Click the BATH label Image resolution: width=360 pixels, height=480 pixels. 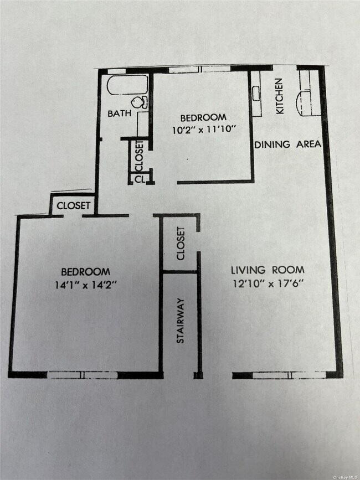pos(120,113)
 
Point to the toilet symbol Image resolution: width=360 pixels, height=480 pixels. pos(140,102)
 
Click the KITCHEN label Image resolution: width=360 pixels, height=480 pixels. pos(279,96)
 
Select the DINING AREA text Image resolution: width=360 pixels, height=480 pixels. pos(287,144)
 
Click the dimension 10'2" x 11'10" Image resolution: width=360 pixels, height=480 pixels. pos(203,129)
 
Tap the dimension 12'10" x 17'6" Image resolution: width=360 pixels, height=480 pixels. pos(268,282)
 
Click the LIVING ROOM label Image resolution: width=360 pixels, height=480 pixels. pos(268,270)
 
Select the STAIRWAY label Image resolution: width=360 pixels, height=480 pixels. pos(181,321)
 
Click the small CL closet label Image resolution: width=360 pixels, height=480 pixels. pos(139,179)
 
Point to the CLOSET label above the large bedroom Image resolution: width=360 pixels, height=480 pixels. pos(73,205)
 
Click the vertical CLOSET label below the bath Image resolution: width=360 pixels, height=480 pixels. pos(139,156)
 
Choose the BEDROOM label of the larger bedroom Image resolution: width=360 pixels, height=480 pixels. pos(85,271)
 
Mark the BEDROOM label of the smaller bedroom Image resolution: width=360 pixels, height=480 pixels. pos(203,117)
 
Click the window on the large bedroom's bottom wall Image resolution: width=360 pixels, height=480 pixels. pos(83,375)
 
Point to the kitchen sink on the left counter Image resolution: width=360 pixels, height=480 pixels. pos(256,94)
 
